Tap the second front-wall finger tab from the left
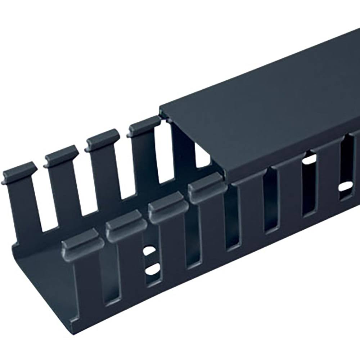126,220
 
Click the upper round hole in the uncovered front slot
149,250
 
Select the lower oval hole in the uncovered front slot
153,268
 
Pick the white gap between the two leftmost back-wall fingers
42,202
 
